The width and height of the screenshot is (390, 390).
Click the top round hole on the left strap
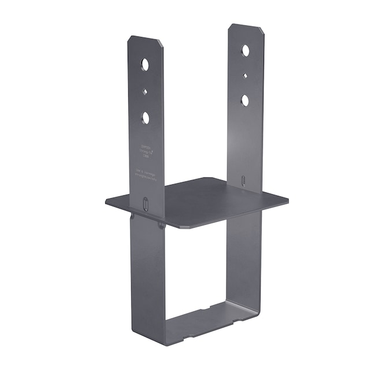[144, 63]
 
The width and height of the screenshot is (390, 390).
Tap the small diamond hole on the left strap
[145, 90]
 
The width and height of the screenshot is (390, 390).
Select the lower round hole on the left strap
[146, 118]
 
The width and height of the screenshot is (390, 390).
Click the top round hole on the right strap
[246, 50]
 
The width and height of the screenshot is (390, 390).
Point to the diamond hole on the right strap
[246, 75]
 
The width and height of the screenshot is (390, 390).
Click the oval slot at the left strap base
[146, 205]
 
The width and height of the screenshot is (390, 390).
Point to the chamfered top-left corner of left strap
[130, 40]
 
